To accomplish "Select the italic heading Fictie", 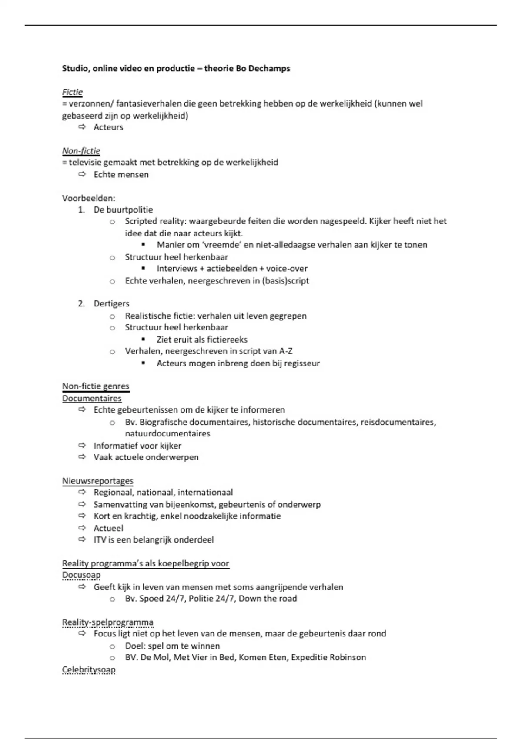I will [72, 92].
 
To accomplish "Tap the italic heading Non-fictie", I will [81, 151].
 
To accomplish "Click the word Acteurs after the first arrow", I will [108, 127].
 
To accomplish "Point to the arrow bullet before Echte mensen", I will [82, 174].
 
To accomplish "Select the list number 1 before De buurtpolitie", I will [81, 210].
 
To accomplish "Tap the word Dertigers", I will [111, 304].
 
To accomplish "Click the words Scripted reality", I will [155, 221].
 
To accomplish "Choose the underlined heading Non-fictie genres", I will [96, 386].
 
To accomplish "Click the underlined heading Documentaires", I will [92, 399].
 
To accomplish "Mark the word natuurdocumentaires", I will [167, 433].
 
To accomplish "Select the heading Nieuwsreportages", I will [97, 481].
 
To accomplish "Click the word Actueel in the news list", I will [108, 528].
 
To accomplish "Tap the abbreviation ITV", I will [100, 540].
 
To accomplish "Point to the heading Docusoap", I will [81, 575].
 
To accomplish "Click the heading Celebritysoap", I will [89, 669].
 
